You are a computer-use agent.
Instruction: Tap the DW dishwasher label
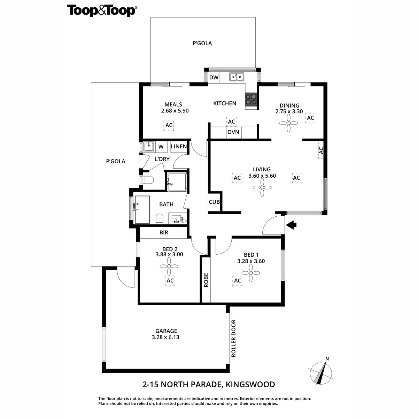(214, 77)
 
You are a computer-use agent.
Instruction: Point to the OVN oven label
(233, 132)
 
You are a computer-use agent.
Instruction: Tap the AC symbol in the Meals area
(169, 125)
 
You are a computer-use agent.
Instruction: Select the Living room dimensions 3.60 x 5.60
(262, 176)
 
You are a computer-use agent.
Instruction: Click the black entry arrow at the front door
(291, 225)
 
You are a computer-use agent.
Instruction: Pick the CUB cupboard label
(214, 202)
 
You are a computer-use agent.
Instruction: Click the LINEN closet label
(179, 147)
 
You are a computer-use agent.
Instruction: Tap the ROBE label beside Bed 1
(206, 280)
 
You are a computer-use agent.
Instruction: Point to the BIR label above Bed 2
(164, 232)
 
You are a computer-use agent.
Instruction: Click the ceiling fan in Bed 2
(169, 267)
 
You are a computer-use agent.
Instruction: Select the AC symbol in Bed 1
(238, 280)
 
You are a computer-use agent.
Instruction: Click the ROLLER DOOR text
(233, 338)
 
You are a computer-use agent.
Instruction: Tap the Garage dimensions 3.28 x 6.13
(165, 337)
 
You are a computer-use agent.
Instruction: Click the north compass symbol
(320, 372)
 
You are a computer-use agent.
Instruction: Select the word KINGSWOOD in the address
(250, 385)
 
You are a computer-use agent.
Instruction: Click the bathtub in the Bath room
(142, 209)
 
